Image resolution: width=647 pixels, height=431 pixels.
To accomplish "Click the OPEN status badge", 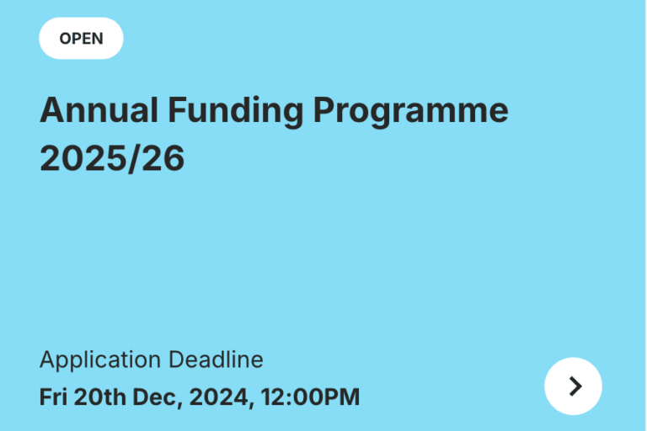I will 81,39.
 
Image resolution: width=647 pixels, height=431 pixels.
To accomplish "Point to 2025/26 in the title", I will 112,158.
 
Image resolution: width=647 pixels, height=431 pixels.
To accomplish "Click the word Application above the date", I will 99,360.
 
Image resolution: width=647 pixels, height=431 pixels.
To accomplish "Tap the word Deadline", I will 216,360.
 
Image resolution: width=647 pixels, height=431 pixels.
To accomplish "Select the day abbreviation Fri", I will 53,396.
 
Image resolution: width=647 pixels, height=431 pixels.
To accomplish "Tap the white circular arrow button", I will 573,386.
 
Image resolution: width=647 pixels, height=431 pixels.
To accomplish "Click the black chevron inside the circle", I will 575,386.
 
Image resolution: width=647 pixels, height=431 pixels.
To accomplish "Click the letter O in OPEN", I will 66,39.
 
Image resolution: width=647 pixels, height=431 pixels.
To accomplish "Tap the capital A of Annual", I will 51,110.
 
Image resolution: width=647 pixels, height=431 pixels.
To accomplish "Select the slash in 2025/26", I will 132,158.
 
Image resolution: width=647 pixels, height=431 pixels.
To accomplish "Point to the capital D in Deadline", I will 176,360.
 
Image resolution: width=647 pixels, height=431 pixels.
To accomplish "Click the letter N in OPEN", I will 97,39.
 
